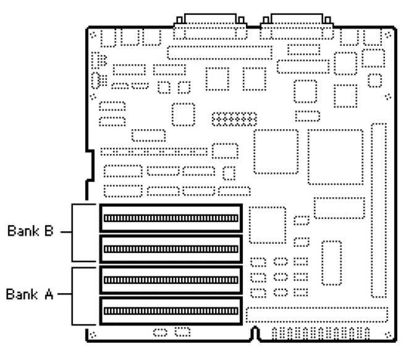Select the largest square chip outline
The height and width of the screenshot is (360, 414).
tap(336, 158)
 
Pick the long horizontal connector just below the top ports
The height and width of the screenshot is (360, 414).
tap(219, 52)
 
